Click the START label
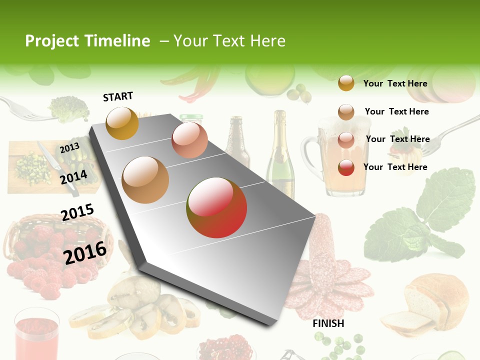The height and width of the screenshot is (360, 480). [118, 96]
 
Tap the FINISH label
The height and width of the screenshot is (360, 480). [328, 323]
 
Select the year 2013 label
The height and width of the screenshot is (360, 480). [69, 147]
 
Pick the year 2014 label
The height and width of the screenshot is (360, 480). [74, 177]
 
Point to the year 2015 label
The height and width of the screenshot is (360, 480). [77, 212]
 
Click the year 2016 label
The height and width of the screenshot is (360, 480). [85, 252]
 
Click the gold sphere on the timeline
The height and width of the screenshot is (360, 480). [122, 123]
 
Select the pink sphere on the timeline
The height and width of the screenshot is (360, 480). [189, 140]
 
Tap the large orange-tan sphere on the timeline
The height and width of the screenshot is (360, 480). [145, 180]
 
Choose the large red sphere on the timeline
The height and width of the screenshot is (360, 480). [216, 207]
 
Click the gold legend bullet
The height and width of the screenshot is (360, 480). [346, 83]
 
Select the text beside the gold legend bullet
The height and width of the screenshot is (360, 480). [395, 83]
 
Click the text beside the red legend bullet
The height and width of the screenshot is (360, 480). [395, 167]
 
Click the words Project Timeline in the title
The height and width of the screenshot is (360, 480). [87, 41]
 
